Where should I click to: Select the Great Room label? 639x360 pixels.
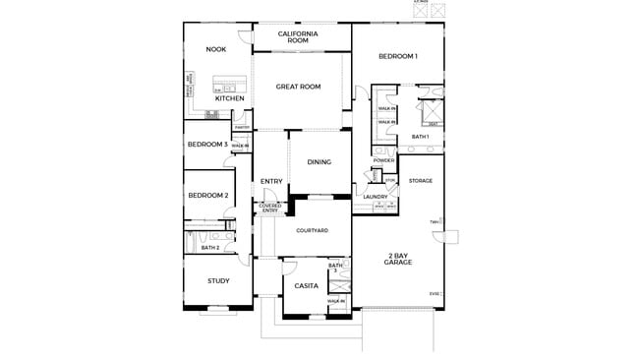[298, 87]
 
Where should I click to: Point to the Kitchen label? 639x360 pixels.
[229, 98]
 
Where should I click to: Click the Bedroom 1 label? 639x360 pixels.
[398, 56]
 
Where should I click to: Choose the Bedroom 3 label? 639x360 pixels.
[206, 145]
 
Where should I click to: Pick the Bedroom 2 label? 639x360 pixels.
[207, 195]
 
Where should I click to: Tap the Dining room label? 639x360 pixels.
[319, 162]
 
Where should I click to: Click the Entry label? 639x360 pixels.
[271, 181]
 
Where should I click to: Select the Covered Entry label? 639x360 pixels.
[269, 208]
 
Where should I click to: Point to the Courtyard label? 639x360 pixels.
[311, 230]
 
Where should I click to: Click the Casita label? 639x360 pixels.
[305, 286]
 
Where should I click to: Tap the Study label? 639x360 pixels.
[218, 281]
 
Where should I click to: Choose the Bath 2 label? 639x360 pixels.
[209, 248]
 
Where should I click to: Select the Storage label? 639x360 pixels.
[421, 181]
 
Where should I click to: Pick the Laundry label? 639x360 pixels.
[375, 197]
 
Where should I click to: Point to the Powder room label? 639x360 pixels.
[383, 160]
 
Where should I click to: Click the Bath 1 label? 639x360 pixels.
[420, 137]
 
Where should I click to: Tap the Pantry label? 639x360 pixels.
[241, 127]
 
